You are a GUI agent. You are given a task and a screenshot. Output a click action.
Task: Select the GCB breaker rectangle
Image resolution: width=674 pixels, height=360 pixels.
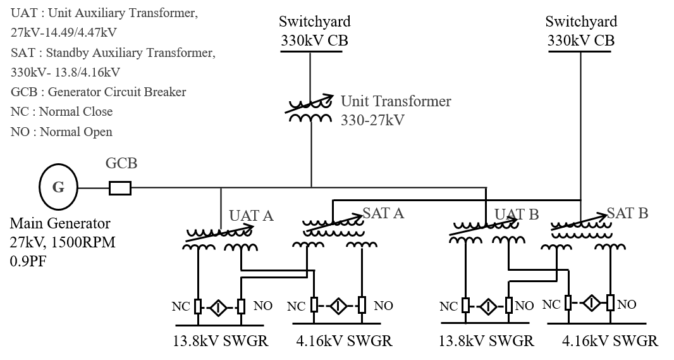click(120, 188)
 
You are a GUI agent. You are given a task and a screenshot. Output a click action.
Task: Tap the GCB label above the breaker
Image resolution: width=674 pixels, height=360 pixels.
click(121, 163)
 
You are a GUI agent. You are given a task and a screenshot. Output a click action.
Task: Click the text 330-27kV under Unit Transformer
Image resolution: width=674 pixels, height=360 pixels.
click(372, 120)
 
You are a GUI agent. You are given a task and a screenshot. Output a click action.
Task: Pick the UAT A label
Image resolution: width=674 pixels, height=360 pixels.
click(251, 216)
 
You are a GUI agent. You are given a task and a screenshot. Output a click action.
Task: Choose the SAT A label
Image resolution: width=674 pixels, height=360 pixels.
click(383, 213)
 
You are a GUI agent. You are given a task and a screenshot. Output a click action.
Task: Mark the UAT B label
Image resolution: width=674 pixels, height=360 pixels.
click(516, 214)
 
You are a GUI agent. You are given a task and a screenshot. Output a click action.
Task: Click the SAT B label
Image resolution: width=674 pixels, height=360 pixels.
click(627, 213)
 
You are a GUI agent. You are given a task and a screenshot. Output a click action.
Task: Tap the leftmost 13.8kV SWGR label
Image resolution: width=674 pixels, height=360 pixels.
click(221, 341)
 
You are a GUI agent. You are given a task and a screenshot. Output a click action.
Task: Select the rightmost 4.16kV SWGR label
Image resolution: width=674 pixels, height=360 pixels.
click(610, 341)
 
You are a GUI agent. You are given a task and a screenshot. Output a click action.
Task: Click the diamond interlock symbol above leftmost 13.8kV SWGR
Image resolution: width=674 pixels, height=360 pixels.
click(218, 307)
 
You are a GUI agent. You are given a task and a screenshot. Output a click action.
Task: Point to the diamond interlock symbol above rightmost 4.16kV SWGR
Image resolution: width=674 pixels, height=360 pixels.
click(591, 303)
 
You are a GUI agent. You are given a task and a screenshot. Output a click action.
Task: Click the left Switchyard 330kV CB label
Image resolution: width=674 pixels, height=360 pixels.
click(315, 30)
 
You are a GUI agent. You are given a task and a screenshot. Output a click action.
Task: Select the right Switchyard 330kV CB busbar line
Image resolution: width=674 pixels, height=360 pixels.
click(579, 52)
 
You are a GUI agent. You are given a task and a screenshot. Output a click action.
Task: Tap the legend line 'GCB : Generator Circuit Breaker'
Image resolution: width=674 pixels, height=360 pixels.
click(99, 92)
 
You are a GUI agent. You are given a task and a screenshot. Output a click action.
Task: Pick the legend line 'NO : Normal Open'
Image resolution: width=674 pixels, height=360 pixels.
click(61, 132)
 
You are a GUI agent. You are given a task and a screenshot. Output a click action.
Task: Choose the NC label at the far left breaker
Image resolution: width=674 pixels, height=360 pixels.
click(181, 306)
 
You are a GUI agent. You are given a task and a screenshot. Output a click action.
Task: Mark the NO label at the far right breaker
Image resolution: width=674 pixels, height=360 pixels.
click(627, 304)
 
